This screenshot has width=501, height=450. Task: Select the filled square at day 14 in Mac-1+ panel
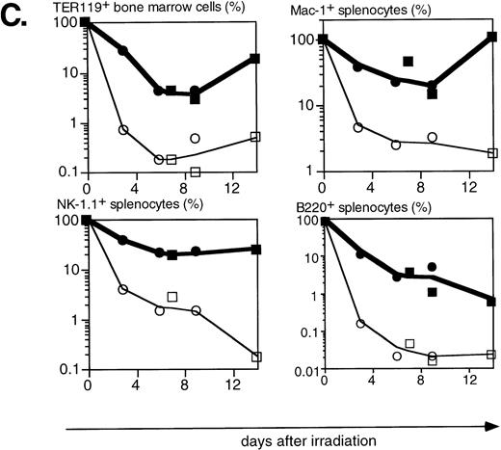coord(492,38)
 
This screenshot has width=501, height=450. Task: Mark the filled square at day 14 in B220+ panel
coord(491,302)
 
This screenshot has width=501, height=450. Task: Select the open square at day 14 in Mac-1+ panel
coord(492,153)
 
